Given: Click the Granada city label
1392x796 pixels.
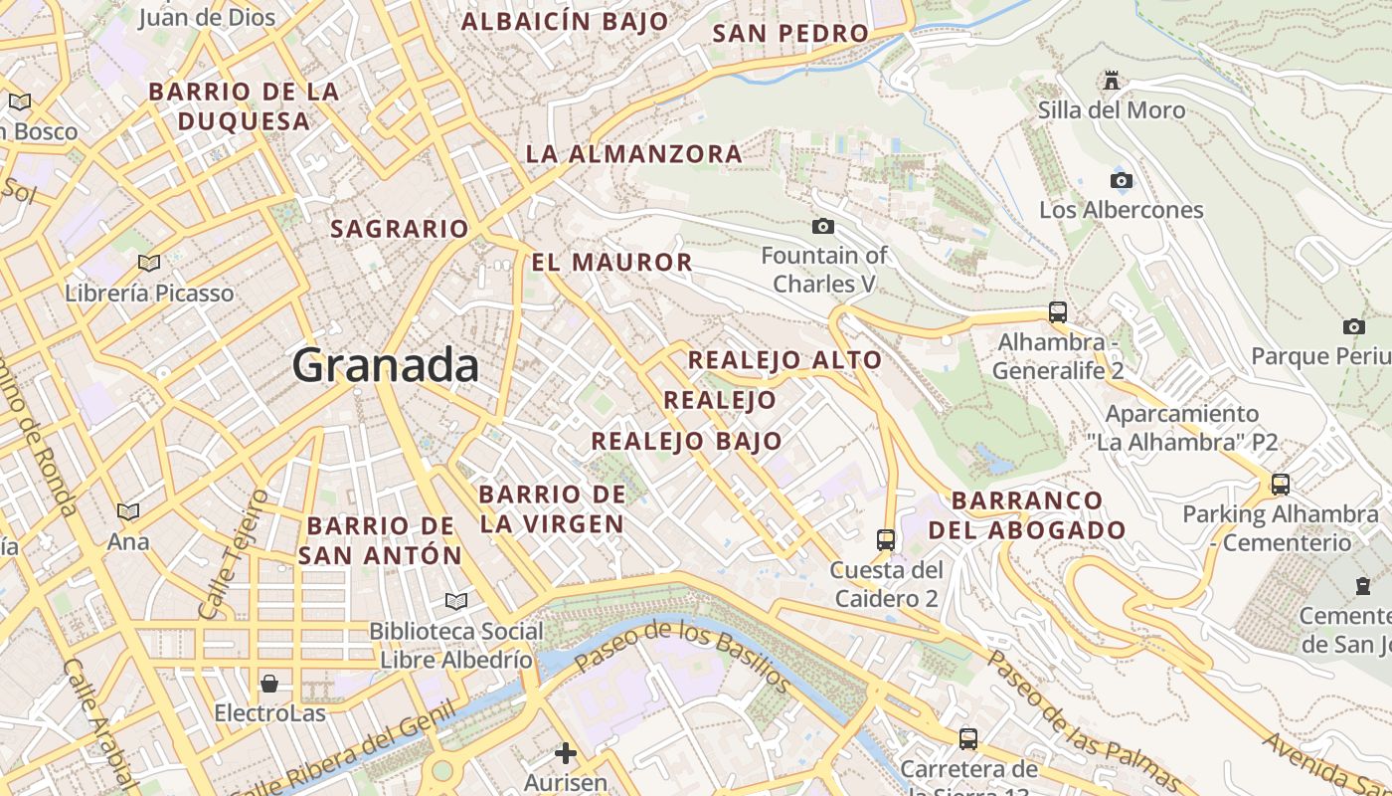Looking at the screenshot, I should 386,365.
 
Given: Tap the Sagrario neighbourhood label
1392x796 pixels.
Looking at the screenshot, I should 399,229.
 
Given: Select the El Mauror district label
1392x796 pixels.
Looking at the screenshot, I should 611,263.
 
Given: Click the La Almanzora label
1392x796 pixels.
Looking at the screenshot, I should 633,154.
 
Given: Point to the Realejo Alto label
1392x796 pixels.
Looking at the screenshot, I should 784,360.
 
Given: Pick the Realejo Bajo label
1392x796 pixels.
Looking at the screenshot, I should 686,442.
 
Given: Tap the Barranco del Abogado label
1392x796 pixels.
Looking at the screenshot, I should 1027,514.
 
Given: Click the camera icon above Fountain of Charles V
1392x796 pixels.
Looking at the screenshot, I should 822,227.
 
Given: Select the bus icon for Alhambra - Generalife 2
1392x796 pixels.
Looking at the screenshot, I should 1058,312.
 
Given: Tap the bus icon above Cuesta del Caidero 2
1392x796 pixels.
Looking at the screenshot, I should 886,540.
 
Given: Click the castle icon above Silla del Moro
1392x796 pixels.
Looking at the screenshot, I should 1112,80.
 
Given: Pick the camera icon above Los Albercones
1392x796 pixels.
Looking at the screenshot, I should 1121,180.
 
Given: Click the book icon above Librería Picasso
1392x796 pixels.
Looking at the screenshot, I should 149,263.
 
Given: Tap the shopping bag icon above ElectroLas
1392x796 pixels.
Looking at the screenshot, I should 268,684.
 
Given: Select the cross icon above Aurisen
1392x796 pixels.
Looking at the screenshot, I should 566,753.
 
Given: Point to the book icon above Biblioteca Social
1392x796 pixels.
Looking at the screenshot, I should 456,601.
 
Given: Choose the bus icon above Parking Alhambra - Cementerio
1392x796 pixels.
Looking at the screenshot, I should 1281,485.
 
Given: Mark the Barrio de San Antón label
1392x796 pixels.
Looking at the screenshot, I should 381,540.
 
